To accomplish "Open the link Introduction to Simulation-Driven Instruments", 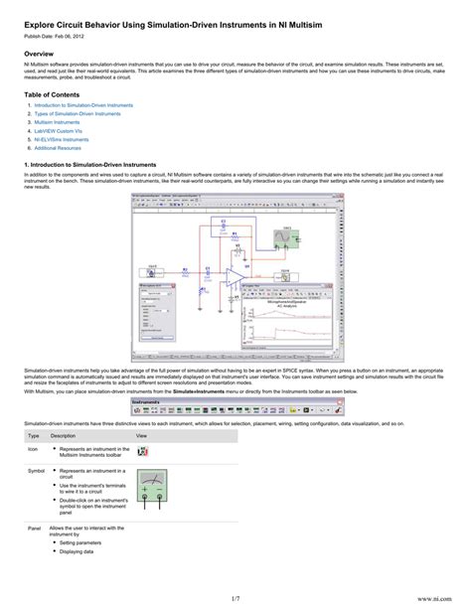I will click(x=83, y=104).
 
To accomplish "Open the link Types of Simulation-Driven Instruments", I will click(x=77, y=113).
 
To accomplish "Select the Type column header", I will click(x=33, y=435).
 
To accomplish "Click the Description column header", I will click(x=63, y=435).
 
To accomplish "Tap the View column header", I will click(x=140, y=435).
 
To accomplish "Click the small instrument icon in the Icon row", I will click(x=143, y=452).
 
